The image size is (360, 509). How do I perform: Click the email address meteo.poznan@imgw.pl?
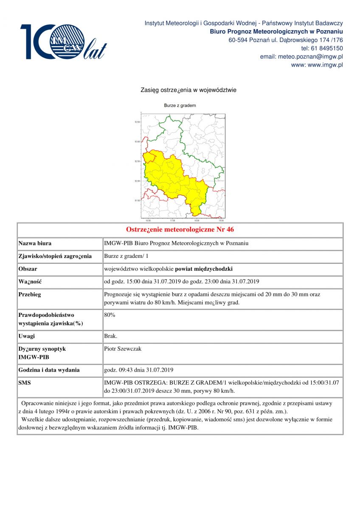click(x=301, y=56)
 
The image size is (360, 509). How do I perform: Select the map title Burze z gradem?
click(x=180, y=105)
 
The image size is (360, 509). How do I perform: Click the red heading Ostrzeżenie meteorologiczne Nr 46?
click(x=180, y=230)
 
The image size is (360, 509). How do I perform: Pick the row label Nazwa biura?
click(x=35, y=243)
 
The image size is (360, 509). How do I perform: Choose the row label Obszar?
click(x=28, y=269)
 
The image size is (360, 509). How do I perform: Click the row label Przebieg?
click(x=30, y=294)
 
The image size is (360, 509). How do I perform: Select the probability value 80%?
click(x=110, y=315)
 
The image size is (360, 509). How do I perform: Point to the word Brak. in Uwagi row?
click(x=110, y=336)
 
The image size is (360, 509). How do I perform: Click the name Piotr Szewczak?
click(x=123, y=349)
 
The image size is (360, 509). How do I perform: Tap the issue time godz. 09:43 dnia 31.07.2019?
click(x=138, y=370)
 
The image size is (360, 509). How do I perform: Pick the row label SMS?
click(x=25, y=383)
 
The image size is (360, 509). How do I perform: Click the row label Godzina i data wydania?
click(x=49, y=370)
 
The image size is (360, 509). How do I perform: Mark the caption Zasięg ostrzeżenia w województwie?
click(x=188, y=90)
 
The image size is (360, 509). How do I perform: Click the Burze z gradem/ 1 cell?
click(x=126, y=256)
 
